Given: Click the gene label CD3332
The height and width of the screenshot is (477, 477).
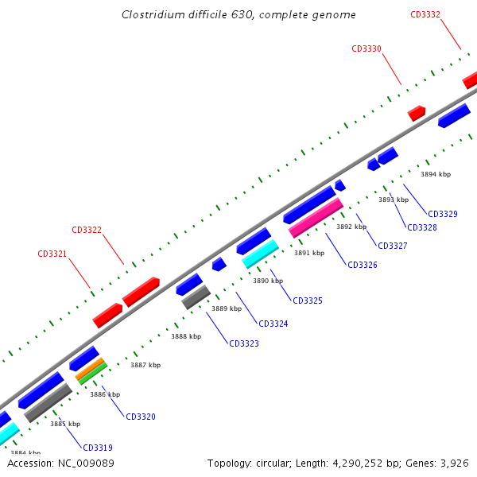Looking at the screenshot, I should [x=425, y=15].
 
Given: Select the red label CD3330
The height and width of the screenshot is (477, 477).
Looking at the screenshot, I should [x=366, y=49].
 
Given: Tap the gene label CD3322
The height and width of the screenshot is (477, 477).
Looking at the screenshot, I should [x=87, y=231].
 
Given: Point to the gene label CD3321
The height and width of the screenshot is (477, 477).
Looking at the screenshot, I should [x=52, y=254].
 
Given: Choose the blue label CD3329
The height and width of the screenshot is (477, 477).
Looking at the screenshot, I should [x=443, y=214].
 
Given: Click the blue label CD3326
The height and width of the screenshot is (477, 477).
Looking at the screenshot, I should [x=363, y=265].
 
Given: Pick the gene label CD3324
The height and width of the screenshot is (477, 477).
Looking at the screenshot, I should [x=273, y=324].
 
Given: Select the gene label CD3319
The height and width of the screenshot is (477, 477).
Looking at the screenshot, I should [x=98, y=448].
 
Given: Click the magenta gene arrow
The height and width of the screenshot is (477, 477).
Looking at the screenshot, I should [x=316, y=218].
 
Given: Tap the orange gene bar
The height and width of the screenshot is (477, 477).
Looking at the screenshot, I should [x=91, y=367].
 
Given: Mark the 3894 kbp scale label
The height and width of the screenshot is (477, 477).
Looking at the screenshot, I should [x=436, y=174].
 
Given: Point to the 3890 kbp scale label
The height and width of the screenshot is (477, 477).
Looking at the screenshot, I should [x=268, y=281].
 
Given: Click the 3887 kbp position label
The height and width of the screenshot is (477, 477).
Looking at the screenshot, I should [x=145, y=366].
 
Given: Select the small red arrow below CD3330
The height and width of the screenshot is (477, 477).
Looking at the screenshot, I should [x=417, y=113].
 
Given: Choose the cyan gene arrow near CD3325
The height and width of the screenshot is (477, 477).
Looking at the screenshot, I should [x=260, y=254].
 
